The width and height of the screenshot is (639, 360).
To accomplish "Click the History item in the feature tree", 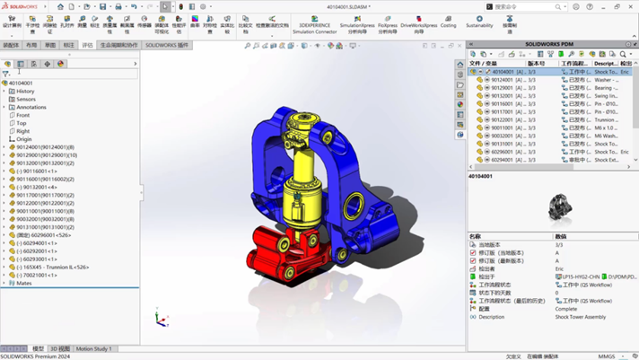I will coord(25,91).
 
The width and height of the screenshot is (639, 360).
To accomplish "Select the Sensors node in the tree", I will coord(25,99).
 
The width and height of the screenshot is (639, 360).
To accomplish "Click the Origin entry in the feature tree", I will coord(23,139).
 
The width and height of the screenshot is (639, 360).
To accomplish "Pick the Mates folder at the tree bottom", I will coord(22,283).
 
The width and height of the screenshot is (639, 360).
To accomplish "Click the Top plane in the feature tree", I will coord(22,123).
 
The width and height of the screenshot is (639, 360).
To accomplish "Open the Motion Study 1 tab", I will coord(93,348).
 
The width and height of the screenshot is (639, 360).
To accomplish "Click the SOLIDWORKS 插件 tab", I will coord(167,45).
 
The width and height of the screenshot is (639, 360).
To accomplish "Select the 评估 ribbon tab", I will coord(87,45).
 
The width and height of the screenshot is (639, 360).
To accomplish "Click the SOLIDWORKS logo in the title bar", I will coord(19,6).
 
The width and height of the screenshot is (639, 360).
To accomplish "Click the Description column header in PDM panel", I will coord(605,64).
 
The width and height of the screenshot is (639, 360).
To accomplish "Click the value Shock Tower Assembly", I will coord(580,317).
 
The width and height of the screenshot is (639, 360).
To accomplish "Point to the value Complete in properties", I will coord(566,309).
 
